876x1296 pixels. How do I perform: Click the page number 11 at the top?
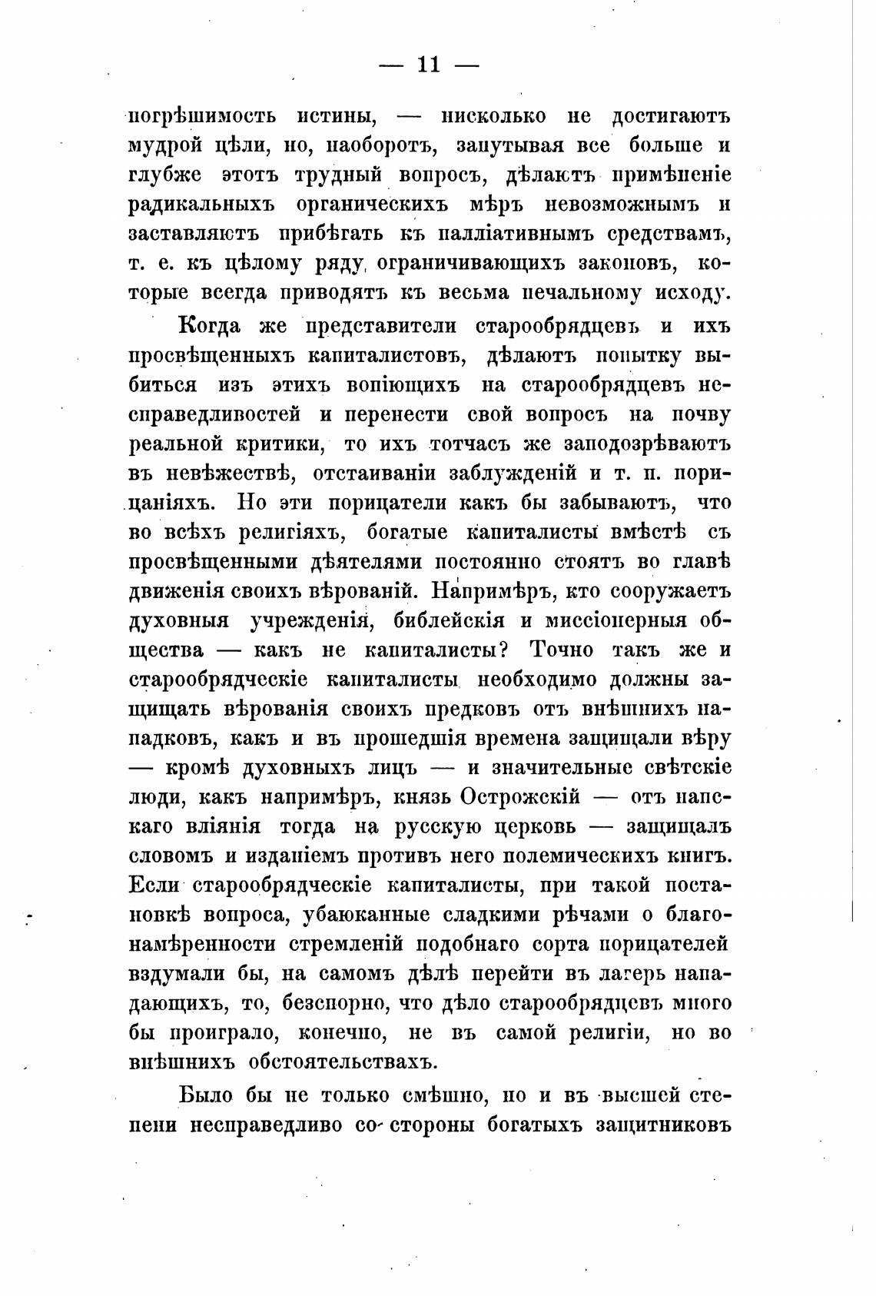(x=428, y=65)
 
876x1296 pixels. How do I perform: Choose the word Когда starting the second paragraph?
(x=209, y=325)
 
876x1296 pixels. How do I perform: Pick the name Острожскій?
(x=520, y=797)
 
